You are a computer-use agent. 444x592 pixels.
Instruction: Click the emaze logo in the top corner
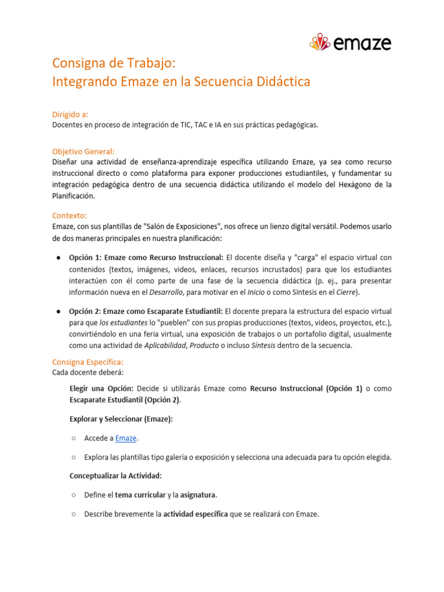coord(350,43)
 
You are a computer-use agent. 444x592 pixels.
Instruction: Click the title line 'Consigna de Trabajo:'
coord(113,62)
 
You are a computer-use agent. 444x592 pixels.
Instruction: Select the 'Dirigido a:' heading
coord(70,114)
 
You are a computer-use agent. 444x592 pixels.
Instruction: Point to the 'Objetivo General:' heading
coord(83,151)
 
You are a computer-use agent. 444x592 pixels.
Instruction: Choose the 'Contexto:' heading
coord(69,215)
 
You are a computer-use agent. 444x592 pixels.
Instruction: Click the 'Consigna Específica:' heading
coord(88,361)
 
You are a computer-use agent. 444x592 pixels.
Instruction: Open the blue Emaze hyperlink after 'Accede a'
coord(126,438)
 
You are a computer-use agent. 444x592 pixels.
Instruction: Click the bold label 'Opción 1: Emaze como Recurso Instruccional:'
coord(146,257)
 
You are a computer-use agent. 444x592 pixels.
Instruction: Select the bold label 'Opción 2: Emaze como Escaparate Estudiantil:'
coord(146,311)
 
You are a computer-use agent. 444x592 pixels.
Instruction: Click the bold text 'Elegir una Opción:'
coord(102,388)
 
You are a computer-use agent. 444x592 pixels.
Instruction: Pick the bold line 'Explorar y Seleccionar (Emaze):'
coord(121,419)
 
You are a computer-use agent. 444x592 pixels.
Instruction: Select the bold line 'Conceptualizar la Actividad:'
coord(116,476)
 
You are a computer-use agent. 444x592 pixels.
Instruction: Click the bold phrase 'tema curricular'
coord(140,495)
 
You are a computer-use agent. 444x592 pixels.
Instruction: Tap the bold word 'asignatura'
coord(198,495)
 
